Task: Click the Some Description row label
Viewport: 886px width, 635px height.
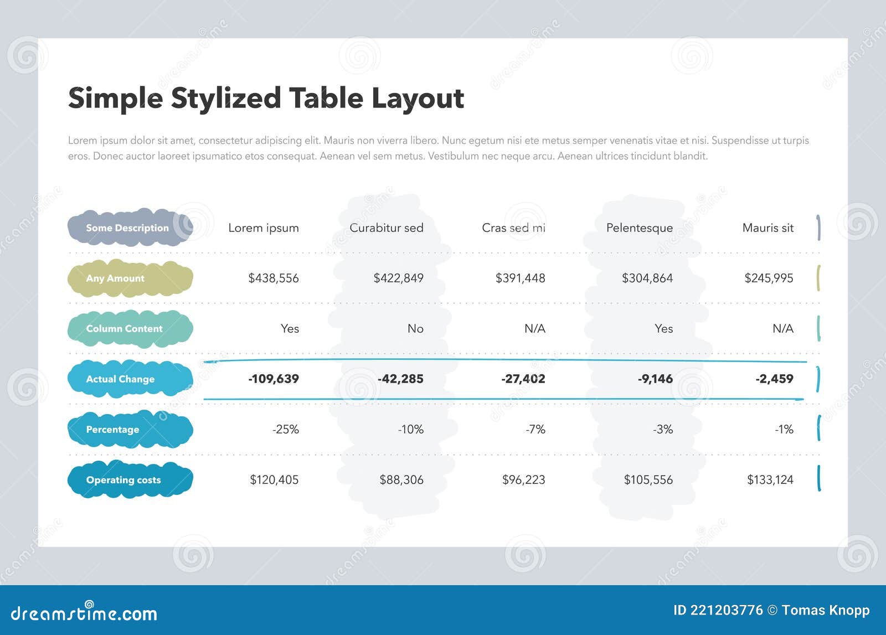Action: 127,228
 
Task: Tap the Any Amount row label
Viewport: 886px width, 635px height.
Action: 115,278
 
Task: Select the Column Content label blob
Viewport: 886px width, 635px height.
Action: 125,329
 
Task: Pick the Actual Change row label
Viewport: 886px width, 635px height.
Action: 120,379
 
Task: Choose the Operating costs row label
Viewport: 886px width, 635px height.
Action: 123,480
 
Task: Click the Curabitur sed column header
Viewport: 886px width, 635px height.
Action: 387,228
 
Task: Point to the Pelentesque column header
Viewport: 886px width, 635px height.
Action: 640,228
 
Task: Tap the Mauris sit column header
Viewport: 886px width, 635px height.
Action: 767,228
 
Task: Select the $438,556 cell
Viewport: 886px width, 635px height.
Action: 274,278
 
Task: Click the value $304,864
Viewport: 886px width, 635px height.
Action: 647,278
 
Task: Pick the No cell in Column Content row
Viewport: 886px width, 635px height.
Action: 415,328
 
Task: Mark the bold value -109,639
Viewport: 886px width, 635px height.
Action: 274,379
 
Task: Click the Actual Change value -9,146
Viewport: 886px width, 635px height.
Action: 655,379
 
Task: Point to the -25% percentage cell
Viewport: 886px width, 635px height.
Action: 286,429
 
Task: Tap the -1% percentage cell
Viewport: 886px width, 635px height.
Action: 784,429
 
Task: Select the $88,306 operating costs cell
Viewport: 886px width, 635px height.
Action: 401,479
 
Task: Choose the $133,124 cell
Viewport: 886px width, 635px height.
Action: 770,479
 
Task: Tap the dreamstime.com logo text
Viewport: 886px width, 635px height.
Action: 84,613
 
